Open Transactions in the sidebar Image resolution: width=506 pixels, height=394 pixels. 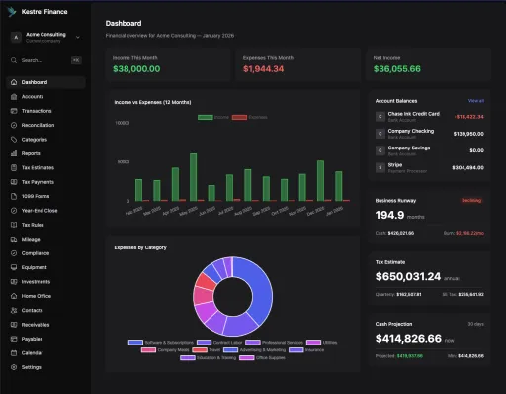click(37, 111)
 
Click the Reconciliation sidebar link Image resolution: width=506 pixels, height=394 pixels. click(39, 125)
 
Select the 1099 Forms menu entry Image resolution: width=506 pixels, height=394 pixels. click(35, 196)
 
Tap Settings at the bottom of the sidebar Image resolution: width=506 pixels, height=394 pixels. click(32, 367)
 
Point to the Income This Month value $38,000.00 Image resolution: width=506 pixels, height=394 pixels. click(136, 69)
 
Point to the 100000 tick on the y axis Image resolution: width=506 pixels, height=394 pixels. click(124, 124)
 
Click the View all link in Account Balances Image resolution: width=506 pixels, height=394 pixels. click(475, 101)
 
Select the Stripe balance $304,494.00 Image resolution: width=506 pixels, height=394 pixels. click(467, 168)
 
